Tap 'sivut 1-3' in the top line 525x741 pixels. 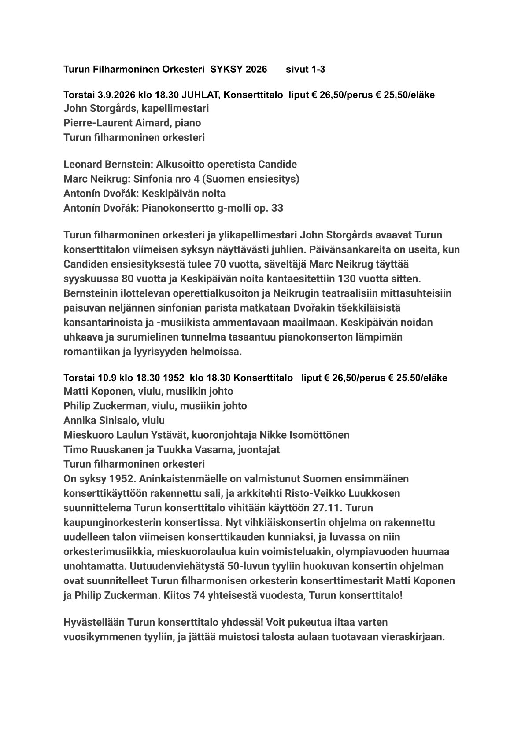pos(306,70)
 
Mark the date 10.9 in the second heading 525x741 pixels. pos(103,378)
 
